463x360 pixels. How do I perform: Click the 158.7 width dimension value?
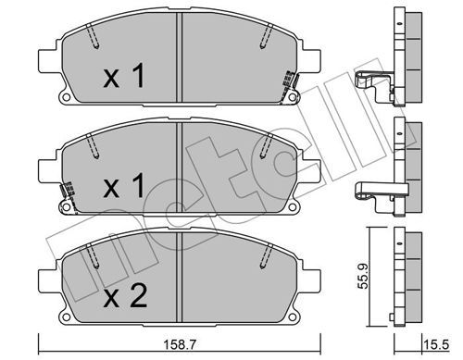[x=180, y=344]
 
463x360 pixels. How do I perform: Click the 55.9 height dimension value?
[x=363, y=276]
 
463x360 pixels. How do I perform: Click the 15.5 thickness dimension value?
[x=436, y=344]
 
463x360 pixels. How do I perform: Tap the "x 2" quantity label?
[x=125, y=295]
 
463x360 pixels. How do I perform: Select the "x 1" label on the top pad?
[x=124, y=75]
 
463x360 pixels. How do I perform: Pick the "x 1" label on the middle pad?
[x=124, y=185]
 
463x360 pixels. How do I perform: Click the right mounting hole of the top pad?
[x=292, y=97]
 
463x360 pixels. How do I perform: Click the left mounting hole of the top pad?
[x=66, y=97]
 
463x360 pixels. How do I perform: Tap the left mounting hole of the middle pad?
[x=66, y=206]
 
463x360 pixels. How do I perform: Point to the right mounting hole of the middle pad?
[x=292, y=206]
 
